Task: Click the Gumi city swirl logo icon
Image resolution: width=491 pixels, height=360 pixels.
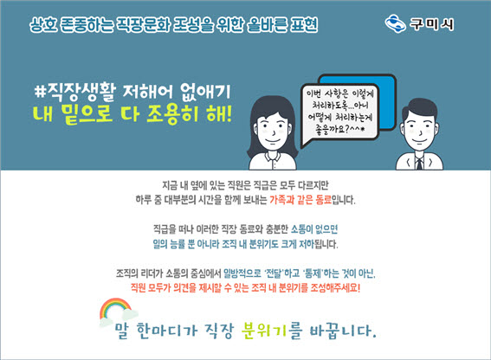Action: (395, 23)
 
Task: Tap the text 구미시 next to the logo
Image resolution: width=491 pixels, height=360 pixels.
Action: (432, 23)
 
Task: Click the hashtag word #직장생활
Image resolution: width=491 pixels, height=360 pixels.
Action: (75, 93)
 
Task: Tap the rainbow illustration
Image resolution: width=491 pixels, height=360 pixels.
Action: (116, 309)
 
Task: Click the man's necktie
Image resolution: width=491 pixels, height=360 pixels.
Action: (419, 164)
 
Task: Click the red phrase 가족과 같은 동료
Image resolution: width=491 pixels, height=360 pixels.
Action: (300, 199)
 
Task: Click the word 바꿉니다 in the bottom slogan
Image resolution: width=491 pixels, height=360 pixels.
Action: (343, 331)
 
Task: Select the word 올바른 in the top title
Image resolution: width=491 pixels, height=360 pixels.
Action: (267, 24)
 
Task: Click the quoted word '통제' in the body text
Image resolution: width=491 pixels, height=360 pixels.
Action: (312, 273)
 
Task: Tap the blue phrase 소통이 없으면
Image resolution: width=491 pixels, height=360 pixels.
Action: (314, 229)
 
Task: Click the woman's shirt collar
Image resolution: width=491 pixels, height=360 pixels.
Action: (273, 156)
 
